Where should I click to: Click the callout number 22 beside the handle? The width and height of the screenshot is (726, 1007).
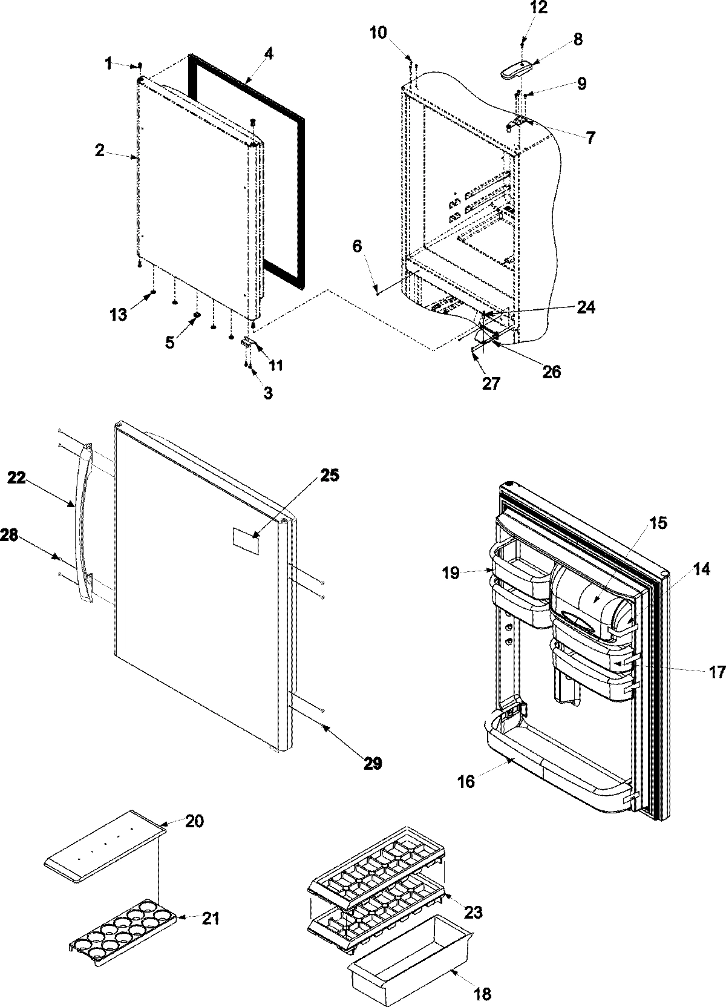18,477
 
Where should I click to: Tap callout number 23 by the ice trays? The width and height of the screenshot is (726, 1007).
473,911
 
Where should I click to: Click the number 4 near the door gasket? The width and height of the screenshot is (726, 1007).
268,53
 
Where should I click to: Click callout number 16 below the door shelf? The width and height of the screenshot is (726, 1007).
466,781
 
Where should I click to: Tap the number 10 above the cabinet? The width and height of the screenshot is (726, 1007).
379,32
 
